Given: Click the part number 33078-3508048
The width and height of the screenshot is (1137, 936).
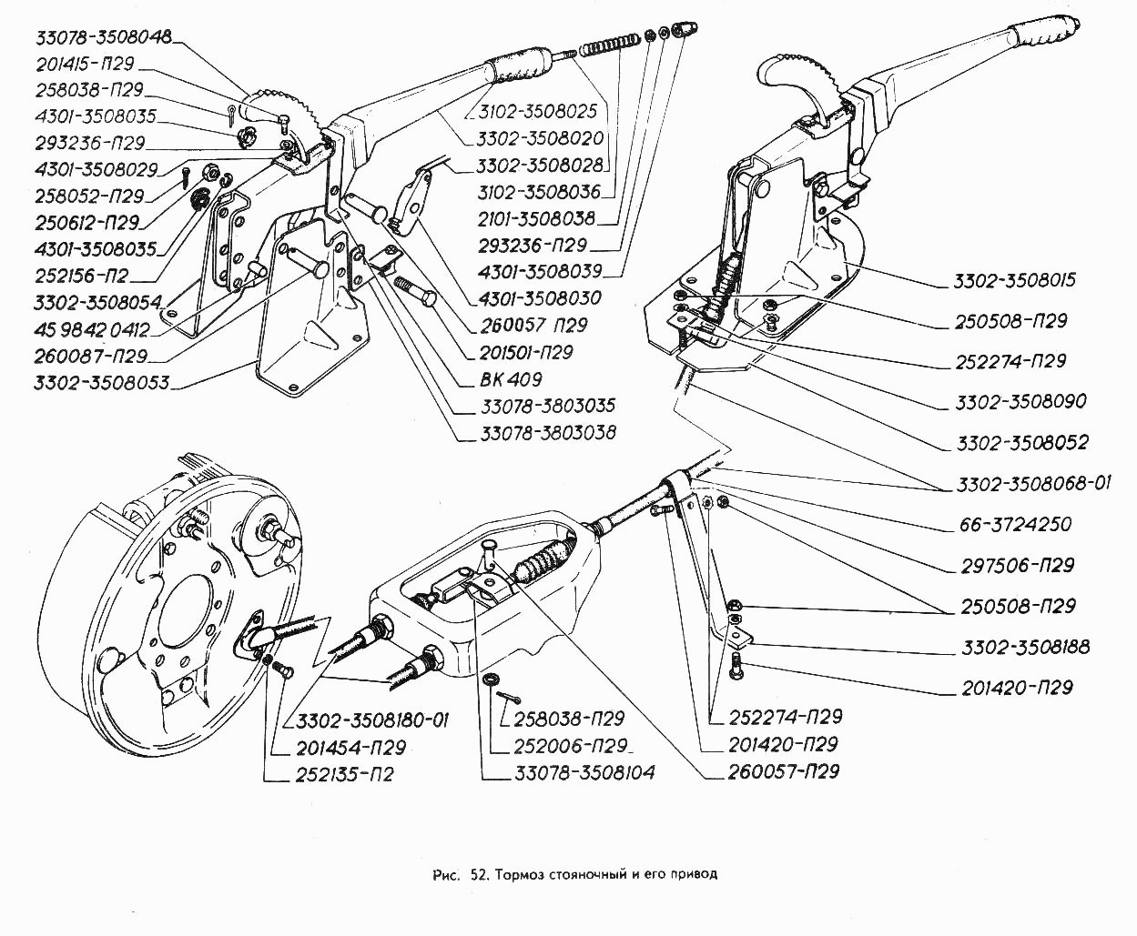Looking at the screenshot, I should pyautogui.click(x=103, y=38).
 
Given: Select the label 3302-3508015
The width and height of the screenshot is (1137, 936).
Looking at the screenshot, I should pyautogui.click(x=1015, y=280).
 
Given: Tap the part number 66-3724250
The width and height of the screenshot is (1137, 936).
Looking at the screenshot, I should pyautogui.click(x=1015, y=525).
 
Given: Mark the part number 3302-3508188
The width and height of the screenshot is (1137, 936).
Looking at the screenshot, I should pyautogui.click(x=1026, y=648).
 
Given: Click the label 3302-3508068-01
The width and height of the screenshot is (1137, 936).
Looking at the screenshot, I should pyautogui.click(x=1033, y=484).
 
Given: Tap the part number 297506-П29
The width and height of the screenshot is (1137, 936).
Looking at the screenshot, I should pyautogui.click(x=1017, y=566).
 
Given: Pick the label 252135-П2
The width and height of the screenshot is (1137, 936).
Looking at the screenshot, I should pyautogui.click(x=345, y=776).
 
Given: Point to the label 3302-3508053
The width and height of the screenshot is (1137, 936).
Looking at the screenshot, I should pyautogui.click(x=101, y=383).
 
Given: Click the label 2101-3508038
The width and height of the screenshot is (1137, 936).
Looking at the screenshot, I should pyautogui.click(x=536, y=218).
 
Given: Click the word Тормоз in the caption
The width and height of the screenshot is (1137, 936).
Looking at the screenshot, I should pyautogui.click(x=523, y=875).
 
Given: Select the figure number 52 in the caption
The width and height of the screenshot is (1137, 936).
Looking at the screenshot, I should pyautogui.click(x=481, y=875).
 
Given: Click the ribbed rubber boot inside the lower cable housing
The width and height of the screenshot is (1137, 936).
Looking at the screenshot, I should pyautogui.click(x=543, y=560).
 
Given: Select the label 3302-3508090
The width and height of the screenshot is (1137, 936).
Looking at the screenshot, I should pyautogui.click(x=1020, y=402).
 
